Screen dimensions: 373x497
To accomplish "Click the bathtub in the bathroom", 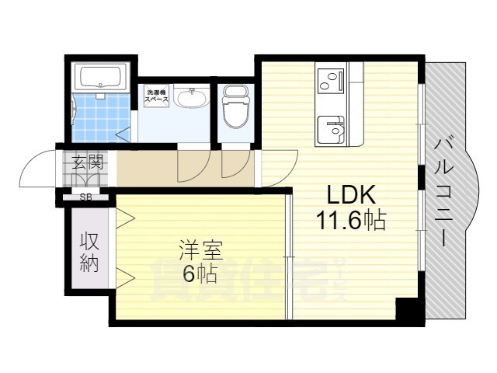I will pyautogui.click(x=101, y=78).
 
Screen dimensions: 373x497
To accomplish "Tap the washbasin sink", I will pyautogui.click(x=190, y=99).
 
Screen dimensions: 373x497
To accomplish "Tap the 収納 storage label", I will pyautogui.click(x=89, y=252).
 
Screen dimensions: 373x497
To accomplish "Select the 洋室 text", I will pyautogui.click(x=200, y=251).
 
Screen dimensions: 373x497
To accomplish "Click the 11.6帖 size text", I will pyautogui.click(x=350, y=221).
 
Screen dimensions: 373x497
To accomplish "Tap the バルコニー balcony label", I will pyautogui.click(x=444, y=190).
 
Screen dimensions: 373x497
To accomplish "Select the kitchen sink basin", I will pyautogui.click(x=332, y=128).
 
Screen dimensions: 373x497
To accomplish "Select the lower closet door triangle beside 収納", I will pyautogui.click(x=125, y=276).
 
